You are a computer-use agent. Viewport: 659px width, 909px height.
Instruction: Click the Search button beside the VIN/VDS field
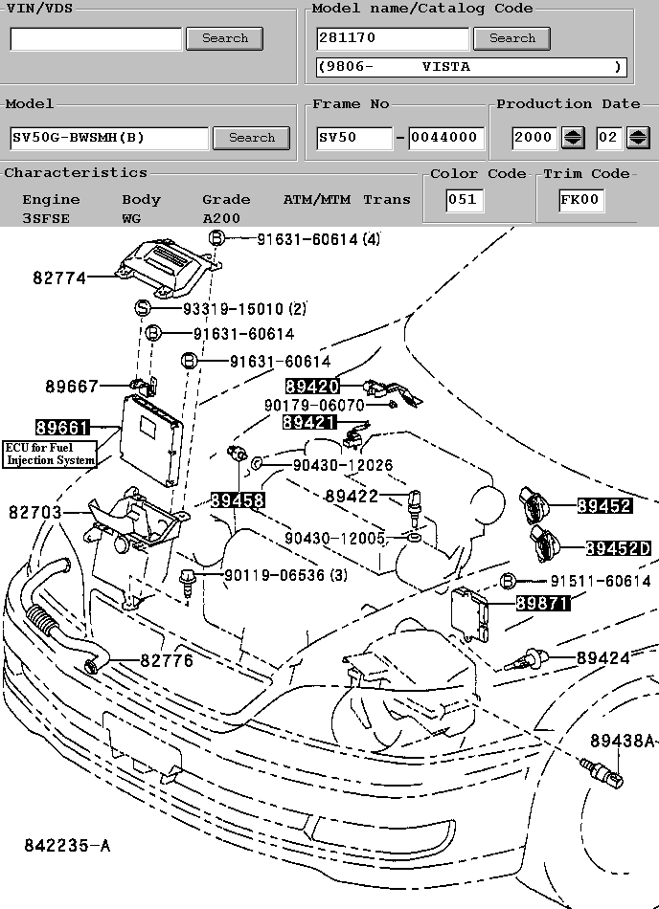(x=224, y=38)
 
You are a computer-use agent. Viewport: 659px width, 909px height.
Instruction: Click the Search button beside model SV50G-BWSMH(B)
(x=251, y=138)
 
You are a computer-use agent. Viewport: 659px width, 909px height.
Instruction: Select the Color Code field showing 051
(x=465, y=200)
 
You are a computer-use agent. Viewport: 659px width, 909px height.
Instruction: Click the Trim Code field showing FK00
(x=580, y=200)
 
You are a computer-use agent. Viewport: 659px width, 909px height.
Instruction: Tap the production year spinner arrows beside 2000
(x=573, y=138)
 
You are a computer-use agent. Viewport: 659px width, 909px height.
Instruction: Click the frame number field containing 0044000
(x=444, y=138)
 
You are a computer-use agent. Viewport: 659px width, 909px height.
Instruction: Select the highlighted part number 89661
(x=62, y=428)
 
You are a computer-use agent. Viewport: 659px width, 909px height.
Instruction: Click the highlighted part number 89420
(x=312, y=387)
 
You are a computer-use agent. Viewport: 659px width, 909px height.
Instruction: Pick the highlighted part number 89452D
(x=618, y=548)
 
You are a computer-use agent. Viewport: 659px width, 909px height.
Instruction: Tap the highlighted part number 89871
(x=543, y=603)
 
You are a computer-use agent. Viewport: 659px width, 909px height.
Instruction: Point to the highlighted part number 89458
(x=238, y=500)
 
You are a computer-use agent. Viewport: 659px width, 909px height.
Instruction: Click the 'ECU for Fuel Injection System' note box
(x=51, y=454)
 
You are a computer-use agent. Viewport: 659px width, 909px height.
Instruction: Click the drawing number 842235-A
(x=68, y=846)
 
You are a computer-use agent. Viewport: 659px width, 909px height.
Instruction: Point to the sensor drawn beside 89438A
(x=602, y=772)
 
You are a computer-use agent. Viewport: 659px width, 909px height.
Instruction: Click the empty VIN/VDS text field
(x=96, y=39)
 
